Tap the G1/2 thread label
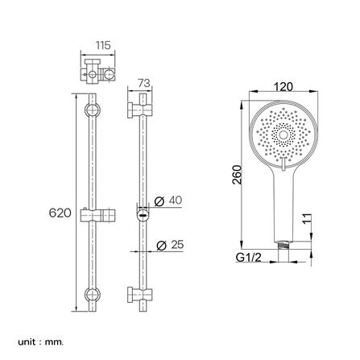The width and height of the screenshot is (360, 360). point(249,259)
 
